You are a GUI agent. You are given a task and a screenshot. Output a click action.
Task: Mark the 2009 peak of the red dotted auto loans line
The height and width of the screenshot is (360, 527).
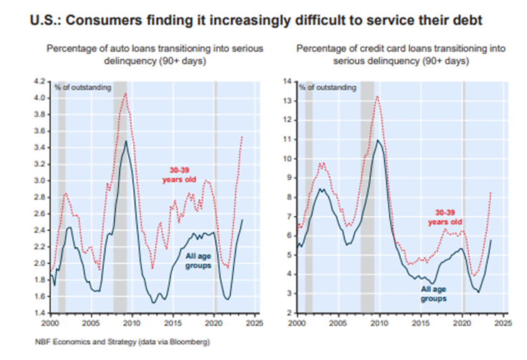pyautogui.click(x=125, y=93)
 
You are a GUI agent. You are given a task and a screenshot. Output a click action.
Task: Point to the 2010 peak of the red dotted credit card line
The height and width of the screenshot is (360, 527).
pyautogui.click(x=377, y=96)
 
